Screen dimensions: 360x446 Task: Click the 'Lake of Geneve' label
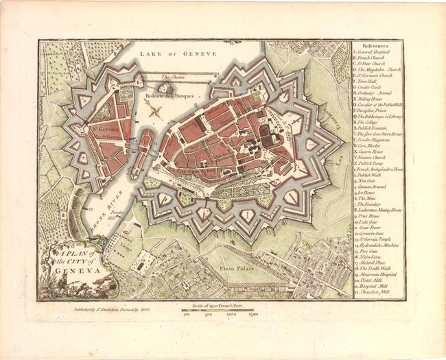pos(177,53)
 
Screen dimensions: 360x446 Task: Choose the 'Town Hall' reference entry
pos(371,82)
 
